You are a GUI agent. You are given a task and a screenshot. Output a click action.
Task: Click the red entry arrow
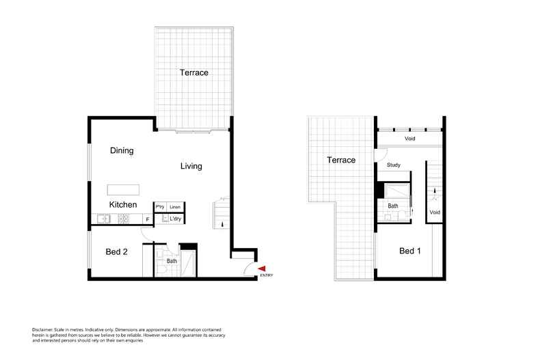point(262,268)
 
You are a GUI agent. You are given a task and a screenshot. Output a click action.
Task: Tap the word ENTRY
point(266,276)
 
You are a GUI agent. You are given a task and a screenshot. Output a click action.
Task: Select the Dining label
point(122,151)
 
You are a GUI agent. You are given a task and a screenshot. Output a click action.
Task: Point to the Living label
point(191,166)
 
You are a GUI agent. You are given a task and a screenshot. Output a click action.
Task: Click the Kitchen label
point(123,204)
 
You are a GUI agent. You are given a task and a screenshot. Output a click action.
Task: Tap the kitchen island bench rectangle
point(123,189)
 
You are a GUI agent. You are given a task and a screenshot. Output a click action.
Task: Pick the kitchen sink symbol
point(103,219)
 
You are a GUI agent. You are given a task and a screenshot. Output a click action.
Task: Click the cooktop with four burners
point(124,219)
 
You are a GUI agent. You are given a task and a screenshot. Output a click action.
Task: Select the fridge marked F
point(148,219)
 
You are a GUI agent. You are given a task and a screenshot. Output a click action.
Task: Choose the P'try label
point(160,207)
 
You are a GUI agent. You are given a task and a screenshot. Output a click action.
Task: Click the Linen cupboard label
point(176,207)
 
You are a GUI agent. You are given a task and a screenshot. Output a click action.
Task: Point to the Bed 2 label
point(116,252)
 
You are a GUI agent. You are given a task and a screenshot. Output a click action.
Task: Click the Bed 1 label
point(409,251)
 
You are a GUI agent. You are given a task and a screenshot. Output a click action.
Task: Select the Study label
point(393,165)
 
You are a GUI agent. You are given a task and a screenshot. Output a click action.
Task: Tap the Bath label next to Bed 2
point(172,261)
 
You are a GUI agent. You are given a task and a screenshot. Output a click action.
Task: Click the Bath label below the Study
point(393,206)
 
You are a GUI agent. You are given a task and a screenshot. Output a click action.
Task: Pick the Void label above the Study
point(410,139)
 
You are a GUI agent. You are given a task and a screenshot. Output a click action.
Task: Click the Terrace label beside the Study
point(341,161)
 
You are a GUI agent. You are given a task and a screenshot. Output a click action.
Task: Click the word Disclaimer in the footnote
point(44,329)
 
